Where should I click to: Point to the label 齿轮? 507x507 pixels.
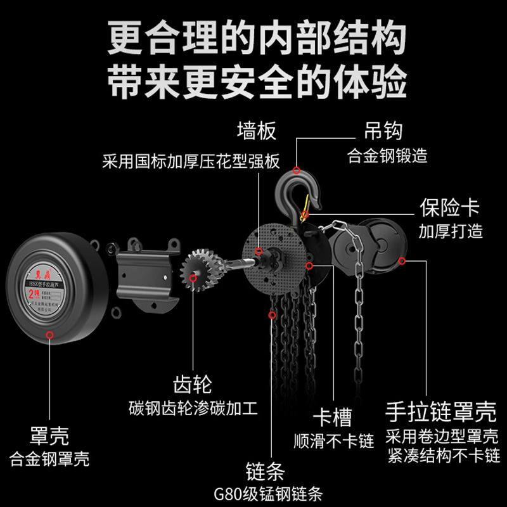coord(192,383)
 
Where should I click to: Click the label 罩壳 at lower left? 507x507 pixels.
coord(49,435)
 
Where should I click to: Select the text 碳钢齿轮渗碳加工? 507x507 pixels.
coord(193,408)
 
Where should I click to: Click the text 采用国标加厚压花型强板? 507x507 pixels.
coord(191,161)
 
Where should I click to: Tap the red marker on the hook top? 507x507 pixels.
coord(297,170)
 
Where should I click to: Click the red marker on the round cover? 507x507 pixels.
coord(49,333)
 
